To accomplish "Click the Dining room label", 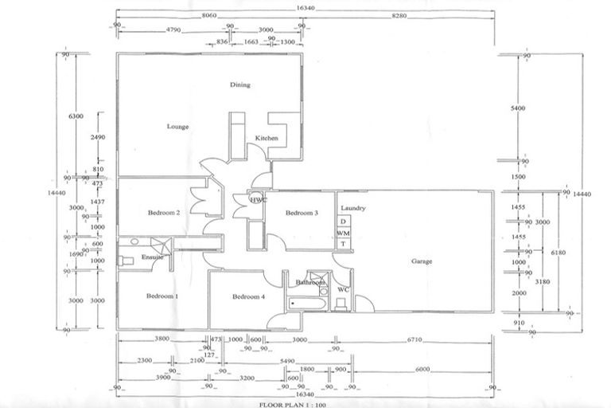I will pyautogui.click(x=240, y=84).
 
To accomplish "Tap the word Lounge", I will pyautogui.click(x=177, y=127).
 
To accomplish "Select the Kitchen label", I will pyautogui.click(x=267, y=139).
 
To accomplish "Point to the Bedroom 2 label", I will pyautogui.click(x=164, y=213).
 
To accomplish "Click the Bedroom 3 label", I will pyautogui.click(x=302, y=213).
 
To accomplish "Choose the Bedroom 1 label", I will pyautogui.click(x=162, y=296).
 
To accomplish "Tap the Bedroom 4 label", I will pyautogui.click(x=248, y=297).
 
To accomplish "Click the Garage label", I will pyautogui.click(x=422, y=261).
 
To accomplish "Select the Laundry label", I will pyautogui.click(x=352, y=209).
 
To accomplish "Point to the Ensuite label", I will pyautogui.click(x=153, y=257).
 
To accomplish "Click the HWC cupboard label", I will pyautogui.click(x=257, y=200).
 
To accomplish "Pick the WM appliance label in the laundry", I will pyautogui.click(x=343, y=232).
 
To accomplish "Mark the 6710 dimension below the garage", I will pyautogui.click(x=417, y=339).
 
